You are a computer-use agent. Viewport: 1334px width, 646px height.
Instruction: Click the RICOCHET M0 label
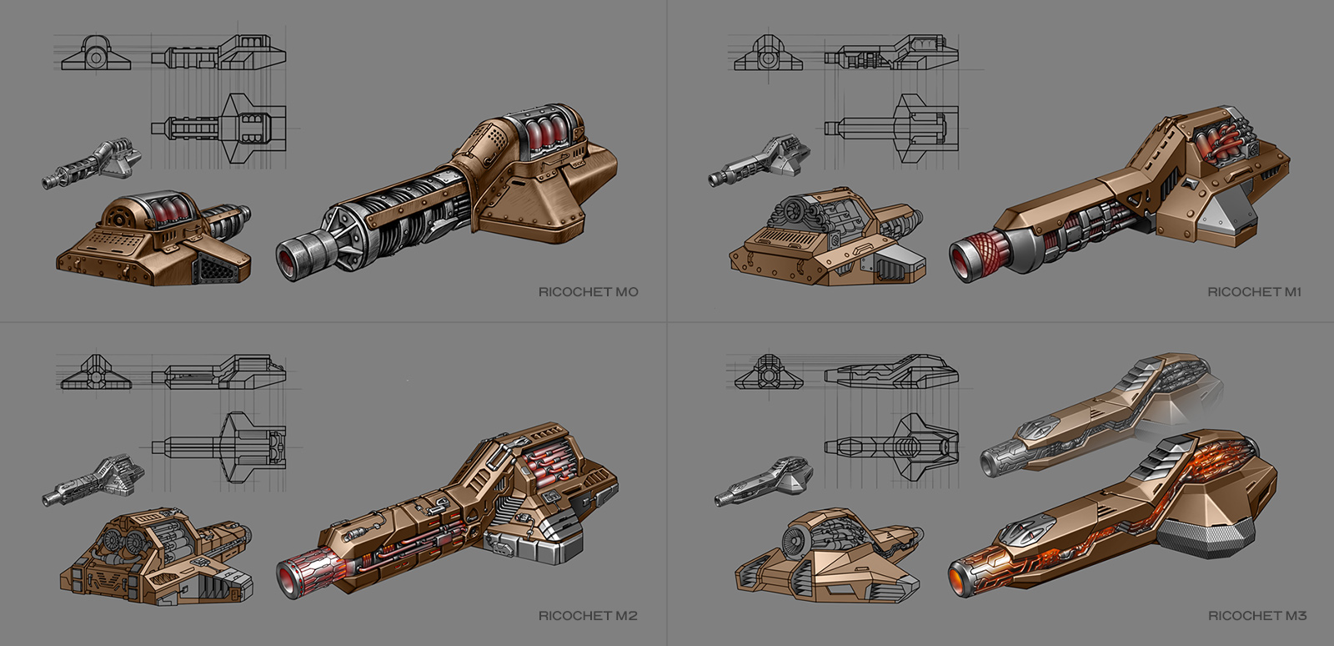588,292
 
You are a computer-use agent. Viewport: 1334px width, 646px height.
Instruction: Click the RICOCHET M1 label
1254,292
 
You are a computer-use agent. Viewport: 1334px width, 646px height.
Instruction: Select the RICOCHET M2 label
588,616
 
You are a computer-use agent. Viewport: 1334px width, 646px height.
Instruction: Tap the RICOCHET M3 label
1257,616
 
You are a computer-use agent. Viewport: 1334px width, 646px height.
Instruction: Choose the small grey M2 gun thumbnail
94,480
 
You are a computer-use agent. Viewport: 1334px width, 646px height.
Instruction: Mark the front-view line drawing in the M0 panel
97,54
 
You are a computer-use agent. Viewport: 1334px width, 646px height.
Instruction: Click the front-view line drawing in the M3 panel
767,373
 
